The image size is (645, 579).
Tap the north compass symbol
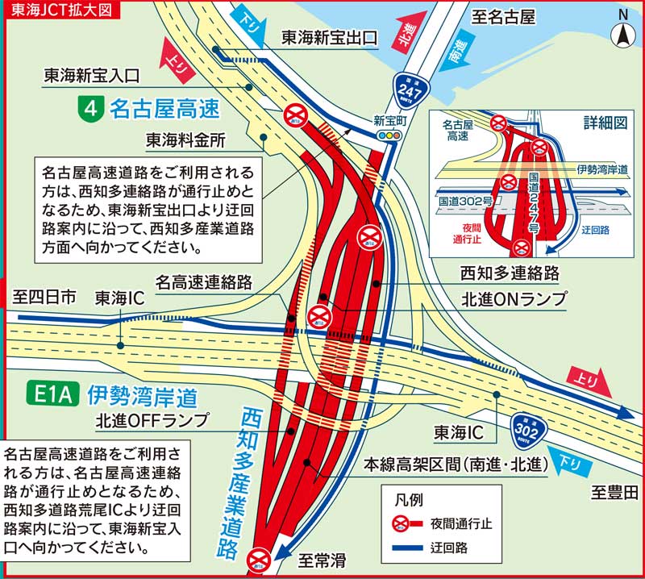[x=623, y=31]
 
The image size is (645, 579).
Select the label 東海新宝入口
[x=93, y=76]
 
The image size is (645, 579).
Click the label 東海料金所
[x=185, y=140]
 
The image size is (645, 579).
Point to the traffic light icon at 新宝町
[x=391, y=137]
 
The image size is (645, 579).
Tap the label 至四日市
[x=45, y=298]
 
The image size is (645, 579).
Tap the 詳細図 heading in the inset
[x=605, y=123]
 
